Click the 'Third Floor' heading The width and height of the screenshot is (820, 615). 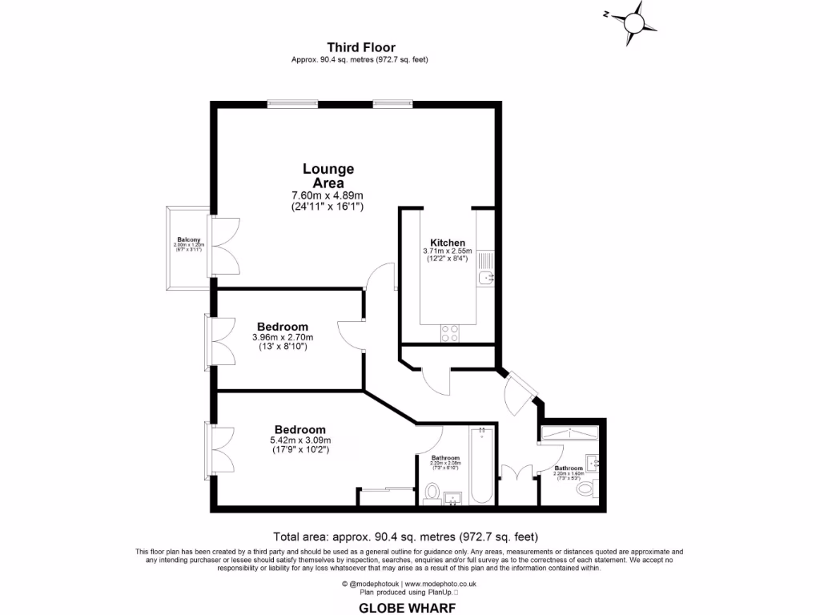tap(360, 48)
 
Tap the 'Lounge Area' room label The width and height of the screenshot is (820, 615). tap(328, 176)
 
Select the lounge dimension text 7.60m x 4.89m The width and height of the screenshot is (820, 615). tap(328, 195)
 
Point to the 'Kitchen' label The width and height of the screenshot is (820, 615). tap(448, 243)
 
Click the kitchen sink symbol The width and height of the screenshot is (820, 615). tap(485, 278)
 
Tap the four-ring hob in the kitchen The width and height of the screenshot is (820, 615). tap(449, 332)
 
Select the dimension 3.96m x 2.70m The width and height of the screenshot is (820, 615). tap(283, 337)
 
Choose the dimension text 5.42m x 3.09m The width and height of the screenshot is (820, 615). tap(300, 440)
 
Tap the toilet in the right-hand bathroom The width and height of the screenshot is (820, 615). tap(586, 487)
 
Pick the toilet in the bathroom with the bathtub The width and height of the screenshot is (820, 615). tap(432, 492)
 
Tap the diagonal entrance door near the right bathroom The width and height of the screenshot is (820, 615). tap(521, 390)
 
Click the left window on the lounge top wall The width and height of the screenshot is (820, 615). tap(292, 102)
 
